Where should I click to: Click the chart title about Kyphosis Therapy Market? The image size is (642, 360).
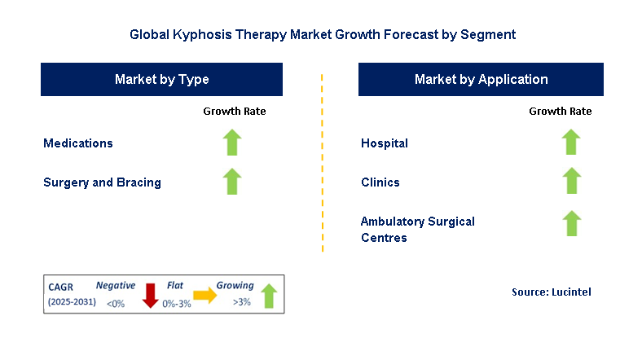point(322,35)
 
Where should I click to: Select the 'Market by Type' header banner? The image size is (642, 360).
point(161,80)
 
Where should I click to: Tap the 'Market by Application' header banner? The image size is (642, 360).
point(481,80)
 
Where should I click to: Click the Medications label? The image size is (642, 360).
point(78,143)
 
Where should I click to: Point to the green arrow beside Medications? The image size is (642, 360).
point(233,143)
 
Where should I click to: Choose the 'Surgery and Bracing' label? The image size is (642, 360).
point(102,182)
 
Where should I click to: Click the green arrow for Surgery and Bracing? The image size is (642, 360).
point(233,182)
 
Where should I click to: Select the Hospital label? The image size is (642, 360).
point(385,143)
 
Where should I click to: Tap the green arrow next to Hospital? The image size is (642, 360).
point(571,143)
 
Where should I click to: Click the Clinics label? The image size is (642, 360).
point(380,182)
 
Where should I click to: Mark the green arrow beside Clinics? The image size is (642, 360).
point(571,181)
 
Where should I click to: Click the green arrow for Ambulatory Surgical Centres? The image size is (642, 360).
point(571,223)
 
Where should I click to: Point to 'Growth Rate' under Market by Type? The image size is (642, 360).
point(234,111)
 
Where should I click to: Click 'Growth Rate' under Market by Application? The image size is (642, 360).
point(560,111)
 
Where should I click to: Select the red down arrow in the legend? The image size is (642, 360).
point(150,295)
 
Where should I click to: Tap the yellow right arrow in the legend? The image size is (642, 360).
point(204,296)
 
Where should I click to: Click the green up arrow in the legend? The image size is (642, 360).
point(268,296)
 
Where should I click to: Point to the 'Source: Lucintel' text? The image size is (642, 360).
point(552,292)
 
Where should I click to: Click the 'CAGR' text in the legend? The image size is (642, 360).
point(61,286)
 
